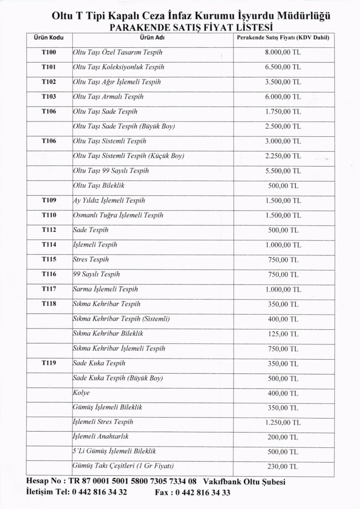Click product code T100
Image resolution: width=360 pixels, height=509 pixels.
[49, 53]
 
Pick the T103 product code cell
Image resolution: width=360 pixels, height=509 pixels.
[49, 97]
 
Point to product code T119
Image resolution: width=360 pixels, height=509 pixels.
[49, 363]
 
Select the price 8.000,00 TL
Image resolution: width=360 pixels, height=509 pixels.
[283, 53]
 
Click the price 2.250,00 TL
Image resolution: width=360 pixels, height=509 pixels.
[283, 156]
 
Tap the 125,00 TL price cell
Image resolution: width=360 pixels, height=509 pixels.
[283, 334]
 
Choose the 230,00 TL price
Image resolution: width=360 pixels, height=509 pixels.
[283, 467]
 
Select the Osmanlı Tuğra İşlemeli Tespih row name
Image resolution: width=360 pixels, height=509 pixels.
[118, 215]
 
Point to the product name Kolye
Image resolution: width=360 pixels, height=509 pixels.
[81, 393]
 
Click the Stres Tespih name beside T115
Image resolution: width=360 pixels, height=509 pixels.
[91, 260]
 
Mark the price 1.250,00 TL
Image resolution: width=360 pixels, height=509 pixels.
[283, 423]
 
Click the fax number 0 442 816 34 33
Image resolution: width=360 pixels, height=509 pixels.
[202, 492]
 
